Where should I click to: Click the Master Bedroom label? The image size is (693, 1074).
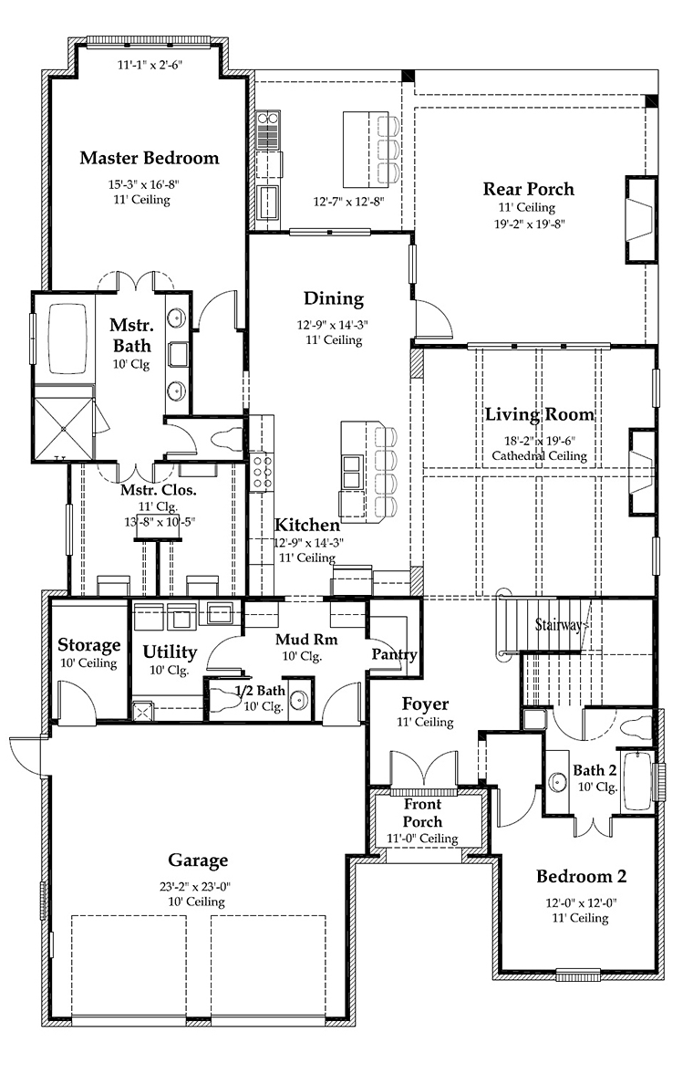(x=150, y=158)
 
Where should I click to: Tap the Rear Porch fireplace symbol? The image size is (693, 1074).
(x=640, y=220)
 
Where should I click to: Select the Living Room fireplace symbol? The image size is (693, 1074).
(x=642, y=472)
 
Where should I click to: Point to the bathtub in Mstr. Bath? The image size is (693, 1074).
(x=67, y=339)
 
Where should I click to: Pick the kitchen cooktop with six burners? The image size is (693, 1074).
(x=262, y=472)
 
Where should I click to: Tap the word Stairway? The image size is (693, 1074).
(x=558, y=625)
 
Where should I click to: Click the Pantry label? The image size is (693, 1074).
(x=395, y=654)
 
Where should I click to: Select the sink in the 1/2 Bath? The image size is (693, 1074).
(x=298, y=699)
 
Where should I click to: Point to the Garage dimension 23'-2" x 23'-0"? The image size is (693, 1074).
(x=198, y=886)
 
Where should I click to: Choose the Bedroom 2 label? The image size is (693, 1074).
(x=581, y=877)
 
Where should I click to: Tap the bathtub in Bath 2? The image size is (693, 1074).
(x=636, y=781)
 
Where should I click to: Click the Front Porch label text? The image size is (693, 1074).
(x=422, y=812)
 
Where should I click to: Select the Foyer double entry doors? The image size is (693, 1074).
(x=423, y=768)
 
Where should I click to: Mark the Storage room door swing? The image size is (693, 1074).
(x=76, y=700)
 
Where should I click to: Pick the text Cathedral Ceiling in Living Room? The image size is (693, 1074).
(x=539, y=456)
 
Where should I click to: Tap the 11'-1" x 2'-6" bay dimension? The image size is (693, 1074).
(x=150, y=65)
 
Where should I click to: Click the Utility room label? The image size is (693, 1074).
(x=169, y=652)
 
